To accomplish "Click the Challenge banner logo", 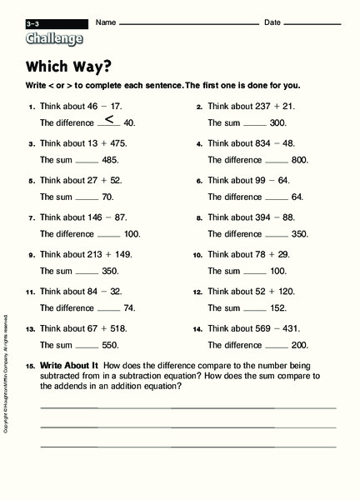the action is point(54,37).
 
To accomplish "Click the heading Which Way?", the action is point(62,67).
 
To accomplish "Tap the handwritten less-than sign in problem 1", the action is point(109,119).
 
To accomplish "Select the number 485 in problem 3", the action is point(109,159).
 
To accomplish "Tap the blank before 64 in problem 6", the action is point(277,197).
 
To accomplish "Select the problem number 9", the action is point(31,255).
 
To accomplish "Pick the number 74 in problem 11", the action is point(129,307).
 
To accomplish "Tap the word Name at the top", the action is point(104,22).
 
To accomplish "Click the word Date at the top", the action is point(272,22).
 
